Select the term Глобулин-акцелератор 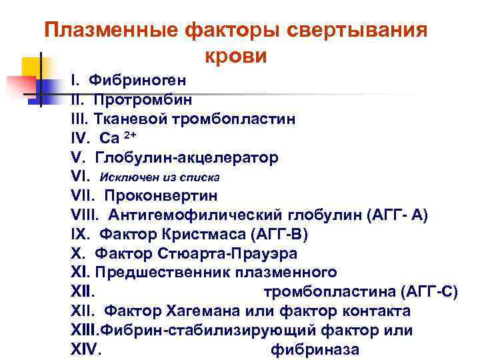pyautogui.click(x=187, y=158)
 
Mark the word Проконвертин pyautogui.click(x=161, y=196)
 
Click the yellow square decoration pyautogui.click(x=32, y=67)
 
